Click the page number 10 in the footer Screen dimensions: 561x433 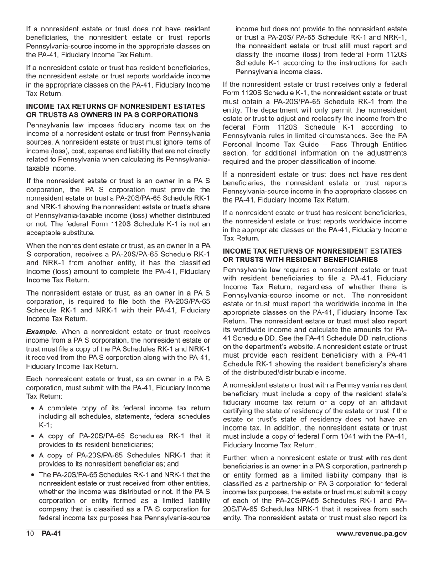[30, 534]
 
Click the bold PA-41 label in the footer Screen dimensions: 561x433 [52, 534]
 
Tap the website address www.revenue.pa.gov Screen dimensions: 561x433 [371, 534]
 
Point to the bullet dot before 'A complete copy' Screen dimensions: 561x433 [32, 409]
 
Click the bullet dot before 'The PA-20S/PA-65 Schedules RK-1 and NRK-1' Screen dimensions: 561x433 [32, 475]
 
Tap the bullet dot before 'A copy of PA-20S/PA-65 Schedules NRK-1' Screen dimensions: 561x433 [32, 456]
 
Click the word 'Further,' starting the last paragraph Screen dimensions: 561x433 [237, 457]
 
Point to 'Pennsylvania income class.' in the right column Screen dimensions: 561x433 [278, 72]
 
